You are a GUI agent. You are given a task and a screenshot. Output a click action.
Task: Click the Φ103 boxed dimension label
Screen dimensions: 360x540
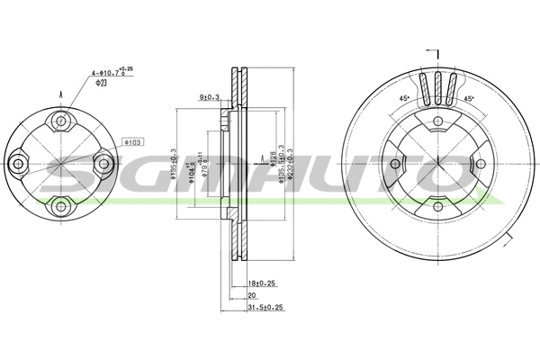tap(133, 142)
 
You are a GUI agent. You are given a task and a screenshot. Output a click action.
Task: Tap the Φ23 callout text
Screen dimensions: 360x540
tap(102, 82)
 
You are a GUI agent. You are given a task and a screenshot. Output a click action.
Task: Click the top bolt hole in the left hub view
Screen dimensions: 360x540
tap(61, 121)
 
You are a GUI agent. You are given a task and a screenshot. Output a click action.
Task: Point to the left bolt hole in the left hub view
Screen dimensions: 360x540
tap(19, 163)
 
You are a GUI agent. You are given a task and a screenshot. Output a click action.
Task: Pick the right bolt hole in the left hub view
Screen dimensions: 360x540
tap(103, 163)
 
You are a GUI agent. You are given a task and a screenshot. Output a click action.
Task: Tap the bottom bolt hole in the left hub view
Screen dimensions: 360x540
tap(61, 205)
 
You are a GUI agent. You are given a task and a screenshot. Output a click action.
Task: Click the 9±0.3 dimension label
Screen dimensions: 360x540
tap(210, 96)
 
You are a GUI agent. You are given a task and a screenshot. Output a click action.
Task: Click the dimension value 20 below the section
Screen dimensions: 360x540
tap(253, 294)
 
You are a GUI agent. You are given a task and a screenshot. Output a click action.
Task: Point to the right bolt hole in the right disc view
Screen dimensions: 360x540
tap(480, 164)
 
